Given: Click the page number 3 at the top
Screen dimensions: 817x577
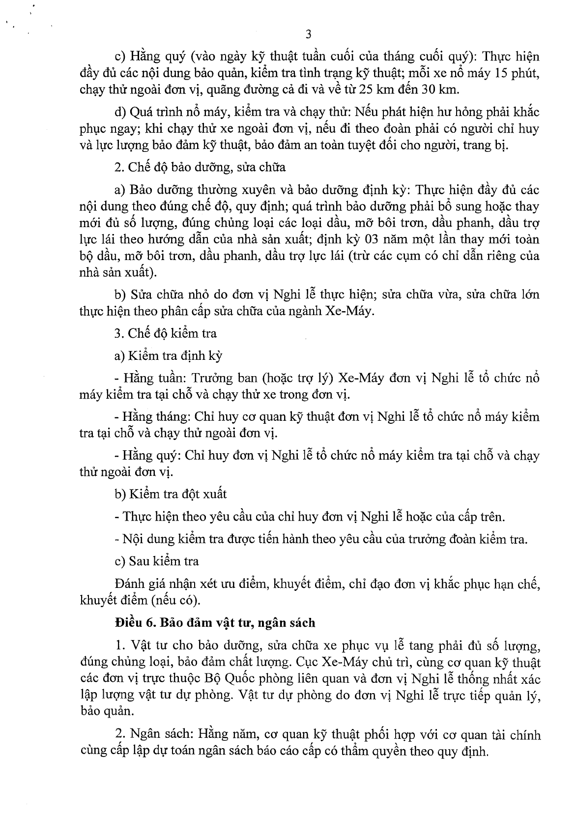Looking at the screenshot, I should (x=309, y=34).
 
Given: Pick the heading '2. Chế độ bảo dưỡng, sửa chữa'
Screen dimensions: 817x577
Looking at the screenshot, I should (x=200, y=167).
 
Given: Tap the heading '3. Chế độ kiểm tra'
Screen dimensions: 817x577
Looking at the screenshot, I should (x=165, y=333).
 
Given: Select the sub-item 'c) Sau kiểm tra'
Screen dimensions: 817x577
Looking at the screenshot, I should (x=156, y=560).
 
